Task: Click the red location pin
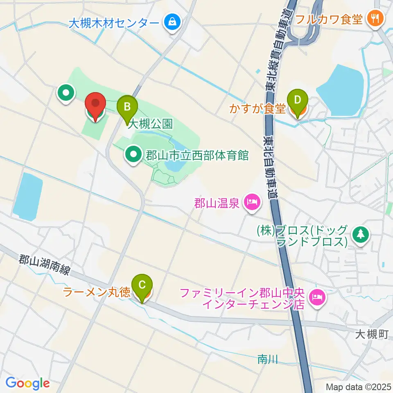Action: [x=95, y=106]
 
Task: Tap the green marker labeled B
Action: [x=127, y=108]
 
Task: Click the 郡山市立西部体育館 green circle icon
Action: [x=133, y=155]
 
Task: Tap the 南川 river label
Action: [x=268, y=359]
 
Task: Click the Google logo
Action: [x=27, y=383]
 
